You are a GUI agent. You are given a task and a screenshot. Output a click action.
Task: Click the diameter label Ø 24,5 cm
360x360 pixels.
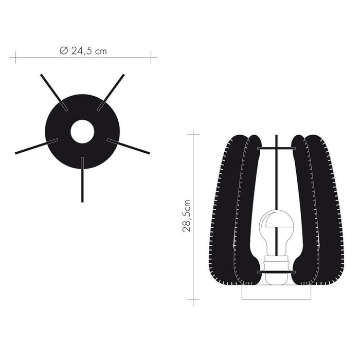pos(83,51)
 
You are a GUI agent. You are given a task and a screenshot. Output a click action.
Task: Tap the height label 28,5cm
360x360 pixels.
pos(187,216)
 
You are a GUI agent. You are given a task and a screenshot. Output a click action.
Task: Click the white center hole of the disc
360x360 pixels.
pos(82,132)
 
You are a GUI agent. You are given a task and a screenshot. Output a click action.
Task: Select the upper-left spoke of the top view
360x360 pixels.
pos(54,92)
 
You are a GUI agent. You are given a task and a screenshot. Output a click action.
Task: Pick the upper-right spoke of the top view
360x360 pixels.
pos(111,92)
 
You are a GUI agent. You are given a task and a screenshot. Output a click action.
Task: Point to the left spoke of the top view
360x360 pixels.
pos(37,146)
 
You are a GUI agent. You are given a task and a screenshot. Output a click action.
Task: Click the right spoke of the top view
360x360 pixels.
pos(128,146)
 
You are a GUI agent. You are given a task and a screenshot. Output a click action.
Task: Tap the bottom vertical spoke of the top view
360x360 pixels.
pos(82,180)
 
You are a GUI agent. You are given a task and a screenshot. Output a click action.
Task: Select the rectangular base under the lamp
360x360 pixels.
pos(277,292)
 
